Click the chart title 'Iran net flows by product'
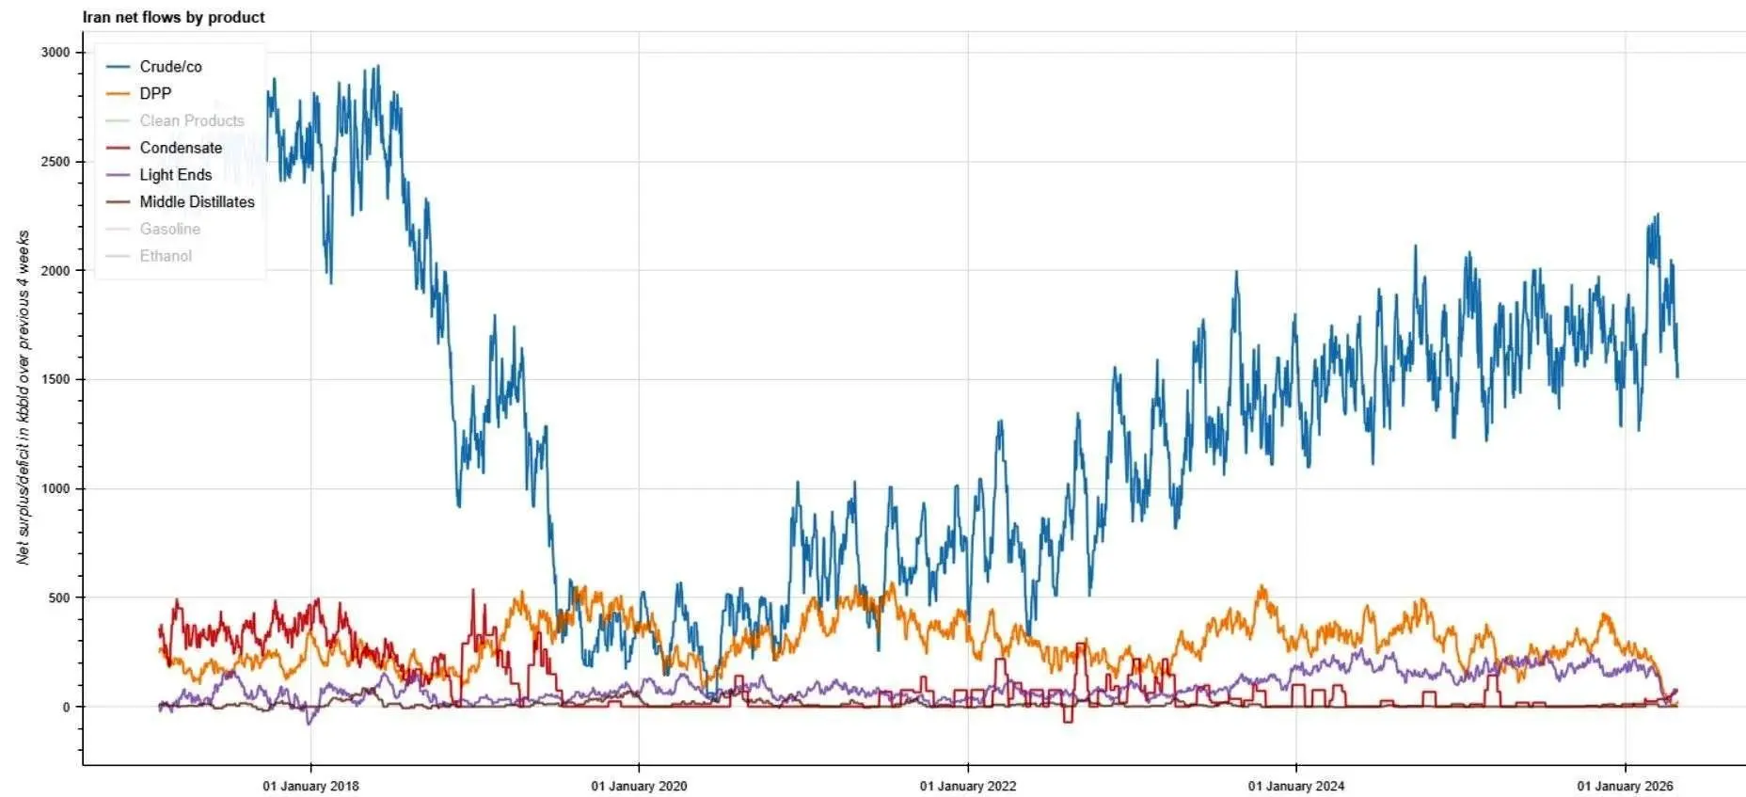coord(173,17)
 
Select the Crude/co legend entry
coord(170,67)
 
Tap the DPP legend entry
coord(155,93)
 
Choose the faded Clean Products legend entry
coord(191,120)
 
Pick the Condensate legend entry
coord(181,148)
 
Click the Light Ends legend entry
coord(175,175)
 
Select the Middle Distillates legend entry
coord(197,202)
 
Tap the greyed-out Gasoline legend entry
coord(169,229)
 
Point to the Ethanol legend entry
coord(166,256)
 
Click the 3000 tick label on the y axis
coord(56,53)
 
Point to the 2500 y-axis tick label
coord(56,162)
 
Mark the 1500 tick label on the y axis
coord(56,379)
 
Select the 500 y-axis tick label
coord(59,598)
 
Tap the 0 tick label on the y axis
coord(66,707)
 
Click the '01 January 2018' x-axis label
coord(310,786)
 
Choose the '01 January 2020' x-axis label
coord(639,786)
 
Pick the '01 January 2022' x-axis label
coord(968,786)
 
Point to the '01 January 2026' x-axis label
coord(1625,786)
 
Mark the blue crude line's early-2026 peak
coord(1657,215)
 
